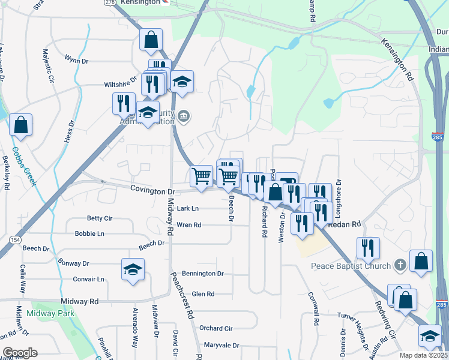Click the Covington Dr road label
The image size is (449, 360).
pos(152,191)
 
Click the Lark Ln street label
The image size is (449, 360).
pos(188,209)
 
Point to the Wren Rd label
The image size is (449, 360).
pos(188,225)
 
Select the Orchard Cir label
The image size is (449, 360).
pos(215,328)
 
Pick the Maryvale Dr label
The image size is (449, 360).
pos(221,346)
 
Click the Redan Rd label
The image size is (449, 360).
pos(344,224)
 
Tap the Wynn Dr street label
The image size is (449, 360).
pos(77,61)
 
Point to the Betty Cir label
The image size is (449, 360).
pos(100,218)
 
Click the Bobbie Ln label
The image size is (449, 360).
pos(89,233)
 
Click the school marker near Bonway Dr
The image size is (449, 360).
pos(133,268)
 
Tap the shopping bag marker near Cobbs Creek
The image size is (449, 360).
pos(20,125)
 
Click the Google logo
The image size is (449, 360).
pos(20,352)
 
